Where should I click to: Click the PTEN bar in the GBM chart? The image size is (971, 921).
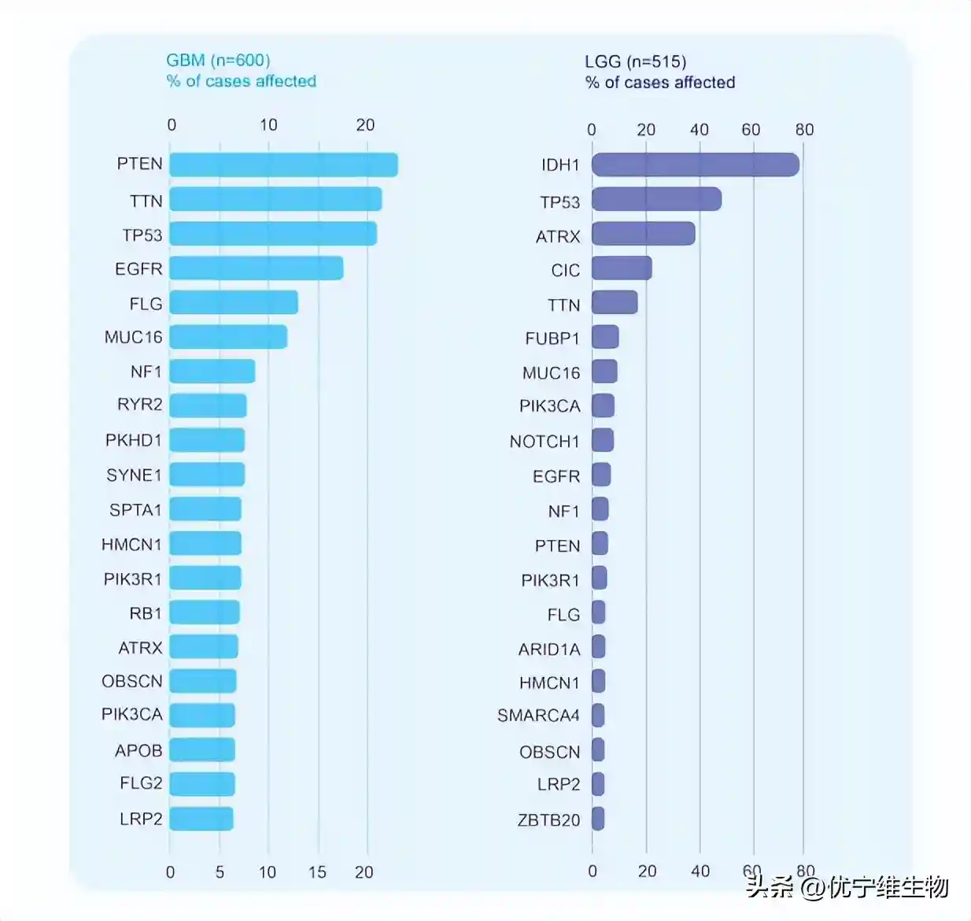tap(283, 165)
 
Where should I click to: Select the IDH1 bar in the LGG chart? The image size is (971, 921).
tap(695, 165)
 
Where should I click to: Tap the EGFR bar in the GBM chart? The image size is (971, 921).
tap(256, 268)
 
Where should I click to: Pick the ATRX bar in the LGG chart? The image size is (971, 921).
tap(643, 234)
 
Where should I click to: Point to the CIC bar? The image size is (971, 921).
tap(622, 268)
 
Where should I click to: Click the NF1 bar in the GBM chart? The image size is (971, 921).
tap(212, 372)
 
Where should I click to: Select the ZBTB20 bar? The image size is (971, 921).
tap(598, 819)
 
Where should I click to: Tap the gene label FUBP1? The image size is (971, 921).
tap(552, 338)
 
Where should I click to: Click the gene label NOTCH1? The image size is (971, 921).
tap(544, 442)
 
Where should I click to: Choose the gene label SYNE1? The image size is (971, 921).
tap(134, 475)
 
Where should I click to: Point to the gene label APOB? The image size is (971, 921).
tap(138, 750)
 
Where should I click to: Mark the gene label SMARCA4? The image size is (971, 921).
tap(538, 716)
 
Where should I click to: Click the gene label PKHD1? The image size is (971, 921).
tap(133, 440)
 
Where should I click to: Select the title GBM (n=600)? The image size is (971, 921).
tap(218, 61)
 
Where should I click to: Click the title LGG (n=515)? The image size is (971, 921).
tap(635, 61)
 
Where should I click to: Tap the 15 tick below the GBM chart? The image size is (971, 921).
tap(317, 872)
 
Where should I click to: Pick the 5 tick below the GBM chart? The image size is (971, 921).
tap(220, 872)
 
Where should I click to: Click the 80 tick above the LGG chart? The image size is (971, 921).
tap(804, 130)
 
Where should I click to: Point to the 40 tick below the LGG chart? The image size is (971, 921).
tap(700, 871)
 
